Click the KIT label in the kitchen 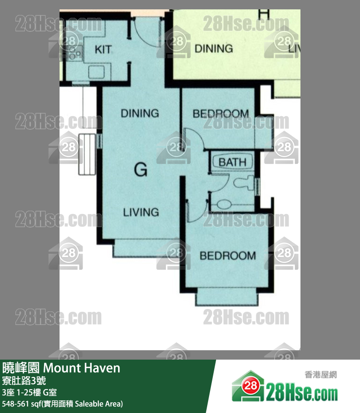103,49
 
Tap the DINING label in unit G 140,113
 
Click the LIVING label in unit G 141,212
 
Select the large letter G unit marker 141,170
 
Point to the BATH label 232,162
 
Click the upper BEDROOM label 221,114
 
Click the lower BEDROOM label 228,256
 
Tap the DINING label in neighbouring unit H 214,49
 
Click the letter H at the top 264,14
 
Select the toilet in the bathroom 244,183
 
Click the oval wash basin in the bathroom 224,204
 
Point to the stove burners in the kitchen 75,52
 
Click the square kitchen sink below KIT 96,72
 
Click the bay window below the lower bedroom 227,297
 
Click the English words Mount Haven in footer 82,368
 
